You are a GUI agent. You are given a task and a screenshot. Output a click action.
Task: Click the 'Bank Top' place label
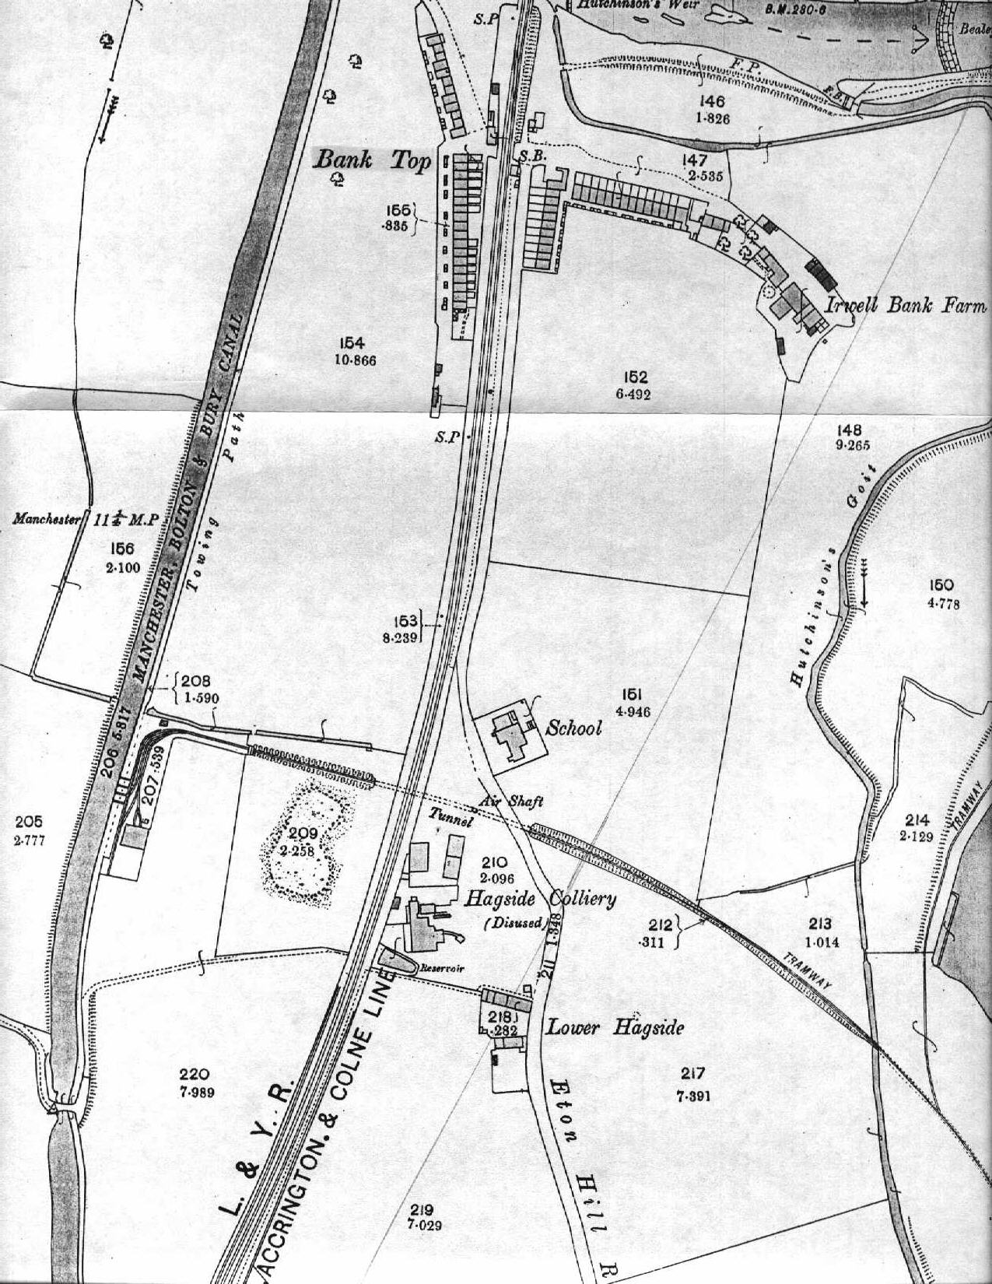click(372, 161)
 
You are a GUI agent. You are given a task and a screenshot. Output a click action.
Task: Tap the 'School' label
click(574, 728)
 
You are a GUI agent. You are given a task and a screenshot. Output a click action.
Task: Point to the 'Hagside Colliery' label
click(540, 900)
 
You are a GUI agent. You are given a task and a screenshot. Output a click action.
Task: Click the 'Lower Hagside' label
click(615, 1027)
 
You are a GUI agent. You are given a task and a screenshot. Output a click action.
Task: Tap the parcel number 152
click(632, 377)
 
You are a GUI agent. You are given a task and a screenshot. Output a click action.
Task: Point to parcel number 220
click(195, 1075)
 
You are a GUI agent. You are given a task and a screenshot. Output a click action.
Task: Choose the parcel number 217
click(692, 1074)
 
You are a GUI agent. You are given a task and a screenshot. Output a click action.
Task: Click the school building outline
click(510, 735)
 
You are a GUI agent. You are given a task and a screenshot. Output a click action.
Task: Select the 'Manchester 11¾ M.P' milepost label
click(86, 520)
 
